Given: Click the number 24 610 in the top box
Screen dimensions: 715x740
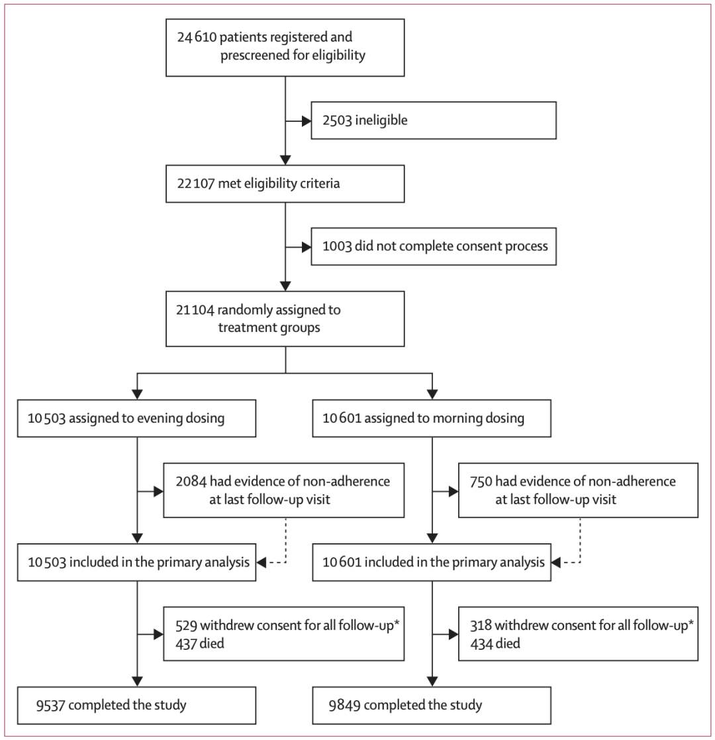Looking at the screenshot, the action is pyautogui.click(x=197, y=37).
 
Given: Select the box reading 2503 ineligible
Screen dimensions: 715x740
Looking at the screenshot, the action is pyautogui.click(x=434, y=121).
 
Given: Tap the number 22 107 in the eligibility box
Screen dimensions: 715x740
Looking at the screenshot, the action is pyautogui.click(x=196, y=183).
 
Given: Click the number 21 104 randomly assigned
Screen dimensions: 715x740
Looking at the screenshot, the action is pyautogui.click(x=195, y=309).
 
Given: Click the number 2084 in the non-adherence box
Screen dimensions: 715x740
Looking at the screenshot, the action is pyautogui.click(x=191, y=482).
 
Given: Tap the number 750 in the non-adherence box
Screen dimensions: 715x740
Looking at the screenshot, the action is pyautogui.click(x=481, y=482).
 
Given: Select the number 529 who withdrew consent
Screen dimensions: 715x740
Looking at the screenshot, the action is pyautogui.click(x=186, y=625).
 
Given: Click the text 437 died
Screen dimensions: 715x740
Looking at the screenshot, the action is pyautogui.click(x=199, y=643).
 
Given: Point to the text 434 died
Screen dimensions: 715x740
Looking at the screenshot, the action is pyautogui.click(x=495, y=643).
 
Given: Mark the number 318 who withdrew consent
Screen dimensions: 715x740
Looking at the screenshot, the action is pyautogui.click(x=481, y=625).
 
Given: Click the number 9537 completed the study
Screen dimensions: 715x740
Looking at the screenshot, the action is pyautogui.click(x=50, y=705).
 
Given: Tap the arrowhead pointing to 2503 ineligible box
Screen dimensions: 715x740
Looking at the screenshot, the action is pyautogui.click(x=307, y=121).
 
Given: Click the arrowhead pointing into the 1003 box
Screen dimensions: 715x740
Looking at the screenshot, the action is pyautogui.click(x=307, y=247).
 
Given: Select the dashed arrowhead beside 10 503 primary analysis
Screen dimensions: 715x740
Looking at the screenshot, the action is pyautogui.click(x=262, y=562).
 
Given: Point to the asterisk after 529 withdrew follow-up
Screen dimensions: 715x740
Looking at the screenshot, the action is pyautogui.click(x=397, y=623).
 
